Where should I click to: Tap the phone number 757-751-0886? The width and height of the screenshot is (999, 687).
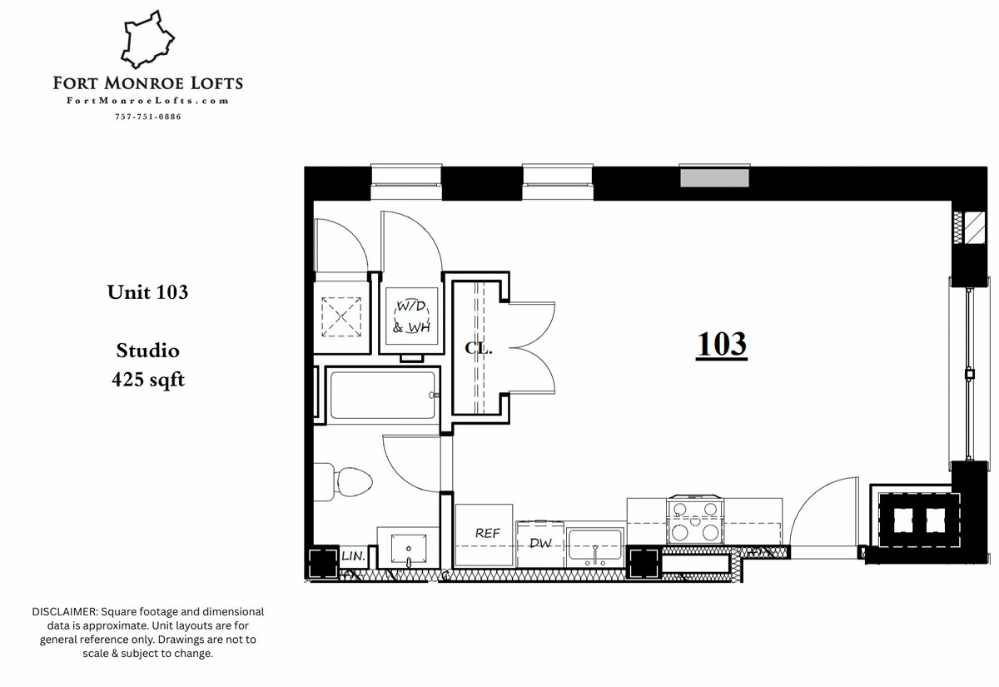tap(147, 117)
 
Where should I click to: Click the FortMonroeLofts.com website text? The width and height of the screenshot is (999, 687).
tap(147, 101)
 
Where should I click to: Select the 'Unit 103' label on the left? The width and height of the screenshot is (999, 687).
tap(147, 292)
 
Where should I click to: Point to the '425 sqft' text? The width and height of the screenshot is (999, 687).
tap(147, 380)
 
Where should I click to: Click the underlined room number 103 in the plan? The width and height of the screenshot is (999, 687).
tap(721, 344)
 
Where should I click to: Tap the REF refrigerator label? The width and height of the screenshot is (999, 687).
tap(486, 533)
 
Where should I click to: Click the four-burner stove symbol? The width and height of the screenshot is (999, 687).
tap(694, 520)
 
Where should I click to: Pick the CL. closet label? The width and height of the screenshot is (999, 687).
tap(479, 349)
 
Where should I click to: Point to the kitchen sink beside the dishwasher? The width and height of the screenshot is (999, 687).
tap(594, 545)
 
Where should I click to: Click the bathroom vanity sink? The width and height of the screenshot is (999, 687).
tap(408, 547)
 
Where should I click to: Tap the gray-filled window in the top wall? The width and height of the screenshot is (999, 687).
tap(714, 177)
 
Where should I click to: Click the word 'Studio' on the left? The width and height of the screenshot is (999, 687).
tap(147, 351)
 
